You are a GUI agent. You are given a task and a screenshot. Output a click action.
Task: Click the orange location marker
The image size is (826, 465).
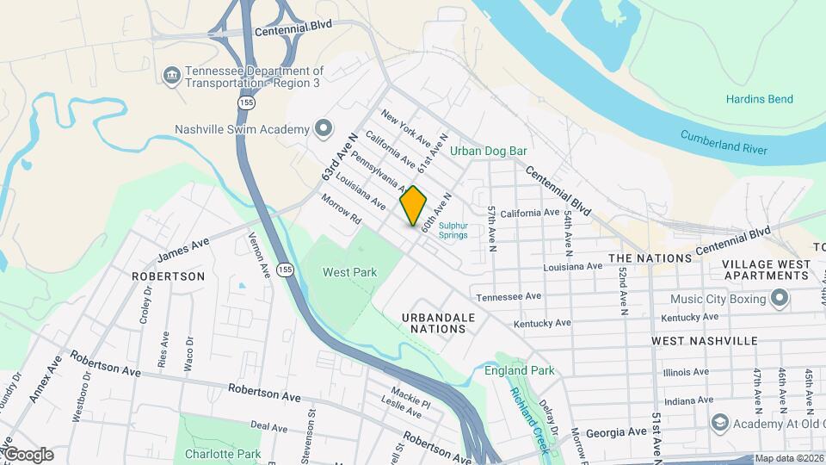pyautogui.click(x=413, y=206)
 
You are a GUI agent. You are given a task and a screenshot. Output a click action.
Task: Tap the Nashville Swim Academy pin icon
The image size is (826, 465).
pyautogui.click(x=324, y=129)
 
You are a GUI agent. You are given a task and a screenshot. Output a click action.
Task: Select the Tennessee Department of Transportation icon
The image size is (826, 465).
pyautogui.click(x=172, y=76)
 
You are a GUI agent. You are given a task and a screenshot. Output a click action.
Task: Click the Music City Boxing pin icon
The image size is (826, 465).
pyautogui.click(x=780, y=299)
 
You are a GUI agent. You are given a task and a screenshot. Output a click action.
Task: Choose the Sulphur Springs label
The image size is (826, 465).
pyautogui.click(x=453, y=230)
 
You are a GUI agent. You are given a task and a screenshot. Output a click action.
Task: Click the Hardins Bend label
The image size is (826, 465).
pyautogui.click(x=759, y=100)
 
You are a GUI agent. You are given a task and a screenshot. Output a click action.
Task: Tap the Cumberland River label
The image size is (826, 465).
pyautogui.click(x=723, y=142)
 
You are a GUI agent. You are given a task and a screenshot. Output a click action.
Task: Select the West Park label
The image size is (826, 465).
pyautogui.click(x=349, y=272)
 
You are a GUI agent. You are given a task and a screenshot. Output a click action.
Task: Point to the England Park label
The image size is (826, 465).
pyautogui.click(x=520, y=371)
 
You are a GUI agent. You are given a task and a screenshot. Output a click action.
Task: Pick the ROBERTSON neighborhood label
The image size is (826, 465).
pyautogui.click(x=168, y=276)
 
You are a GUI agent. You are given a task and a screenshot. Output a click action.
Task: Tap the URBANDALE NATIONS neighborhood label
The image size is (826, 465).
pyautogui.click(x=438, y=323)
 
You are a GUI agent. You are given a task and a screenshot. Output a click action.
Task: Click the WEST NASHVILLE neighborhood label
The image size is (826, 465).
pyautogui.click(x=705, y=341)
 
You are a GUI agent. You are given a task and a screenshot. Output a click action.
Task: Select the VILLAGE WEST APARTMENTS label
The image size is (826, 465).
pyautogui.click(x=765, y=270)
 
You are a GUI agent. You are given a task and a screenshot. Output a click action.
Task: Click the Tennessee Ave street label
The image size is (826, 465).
pyautogui.click(x=509, y=296)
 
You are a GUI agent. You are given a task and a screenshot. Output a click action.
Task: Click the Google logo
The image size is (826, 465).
pyautogui.click(x=28, y=454)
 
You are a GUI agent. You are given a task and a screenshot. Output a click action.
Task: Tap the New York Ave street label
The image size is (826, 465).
pyautogui.click(x=406, y=127)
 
